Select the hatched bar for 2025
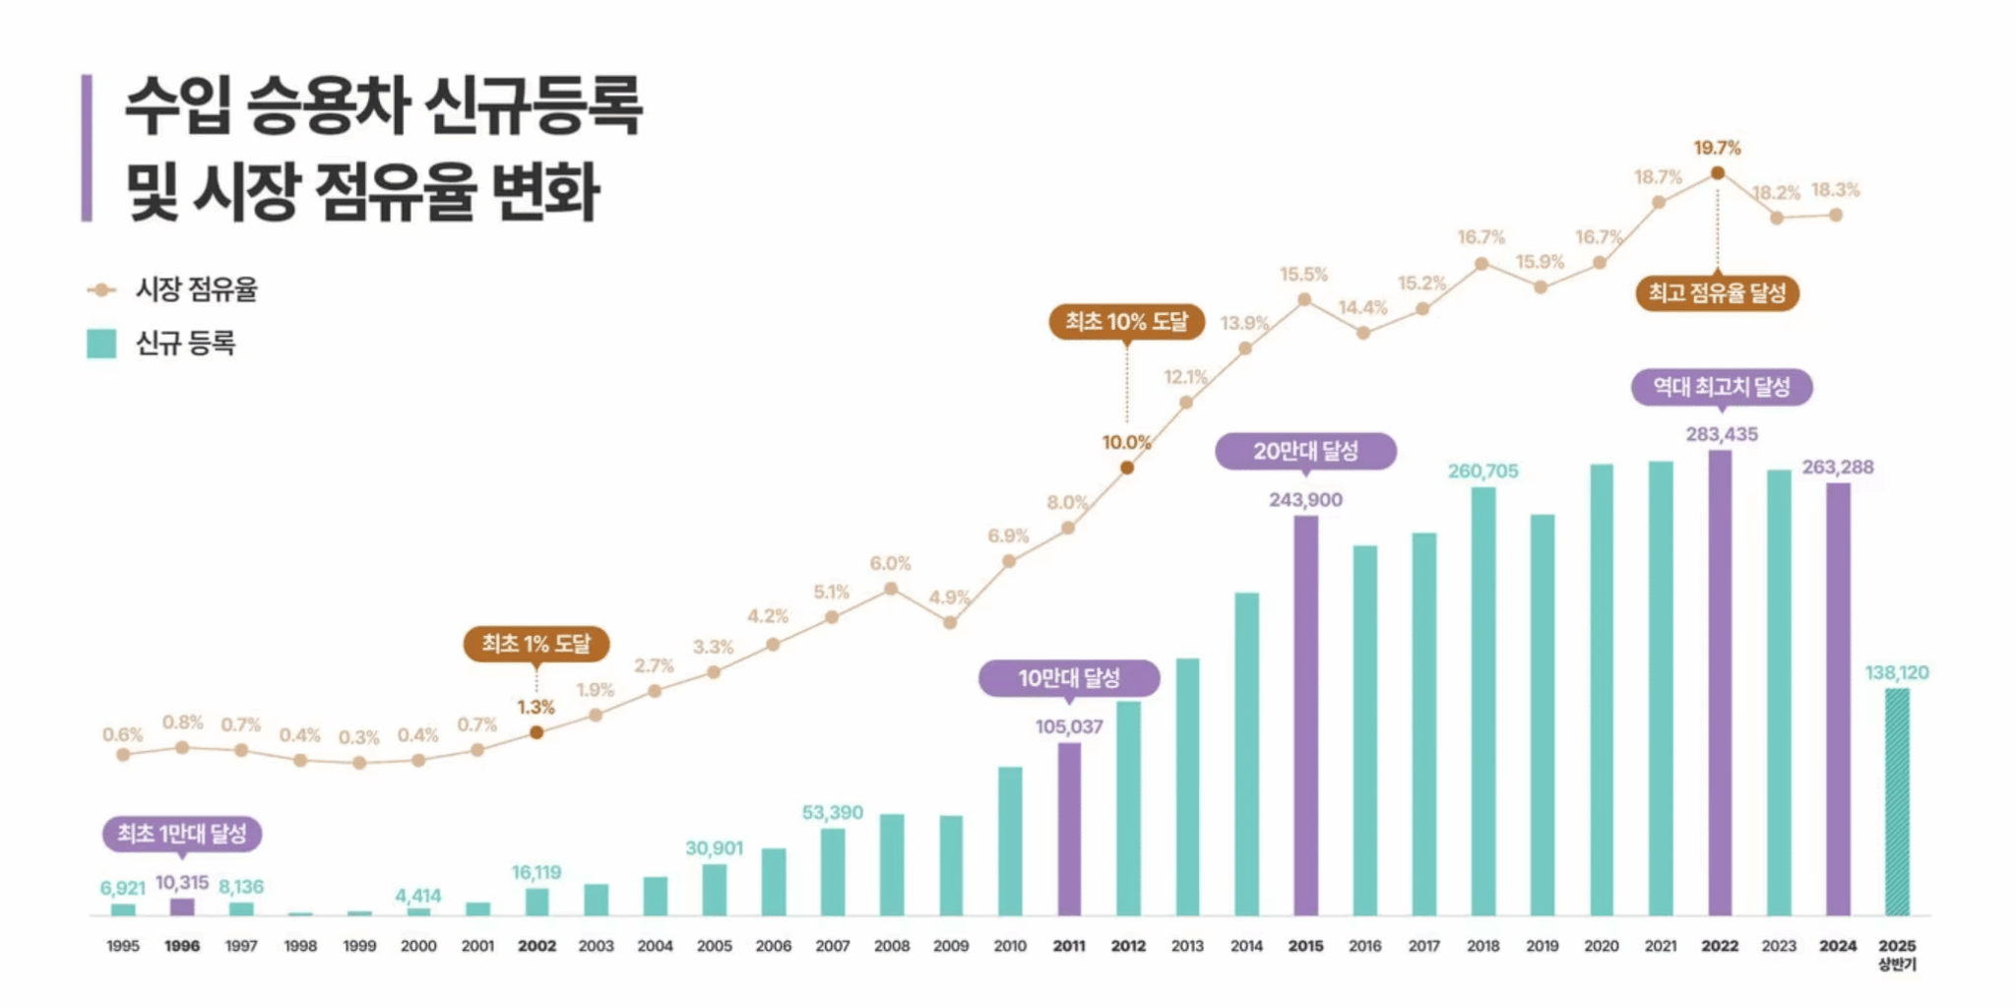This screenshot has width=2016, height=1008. pyautogui.click(x=1896, y=801)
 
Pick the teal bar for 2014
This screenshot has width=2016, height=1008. pyautogui.click(x=1246, y=754)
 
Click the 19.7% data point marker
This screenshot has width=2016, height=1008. pyautogui.click(x=1717, y=173)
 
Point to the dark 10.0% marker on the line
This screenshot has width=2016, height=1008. pyautogui.click(x=1127, y=468)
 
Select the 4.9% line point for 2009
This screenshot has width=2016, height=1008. pyautogui.click(x=950, y=622)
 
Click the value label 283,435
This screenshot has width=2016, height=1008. pyautogui.click(x=1721, y=434)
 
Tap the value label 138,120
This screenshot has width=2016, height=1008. pyautogui.click(x=1896, y=672)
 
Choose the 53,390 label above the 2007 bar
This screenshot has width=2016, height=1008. pyautogui.click(x=832, y=812)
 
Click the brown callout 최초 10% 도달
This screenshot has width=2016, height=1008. pyautogui.click(x=1126, y=322)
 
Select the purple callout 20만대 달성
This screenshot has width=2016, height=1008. pyautogui.click(x=1305, y=451)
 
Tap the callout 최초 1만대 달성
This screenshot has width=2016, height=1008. pyautogui.click(x=182, y=834)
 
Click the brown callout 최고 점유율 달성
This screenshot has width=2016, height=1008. pyautogui.click(x=1717, y=292)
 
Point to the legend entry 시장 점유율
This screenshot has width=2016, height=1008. pyautogui.click(x=196, y=289)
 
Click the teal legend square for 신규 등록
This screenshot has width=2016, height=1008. pyautogui.click(x=101, y=344)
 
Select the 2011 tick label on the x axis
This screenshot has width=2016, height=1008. pyautogui.click(x=1069, y=945)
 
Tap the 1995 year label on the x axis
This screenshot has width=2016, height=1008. pyautogui.click(x=123, y=945)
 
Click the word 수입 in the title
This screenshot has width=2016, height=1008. pyautogui.click(x=177, y=105)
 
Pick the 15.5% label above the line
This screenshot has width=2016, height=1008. pyautogui.click(x=1303, y=275)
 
